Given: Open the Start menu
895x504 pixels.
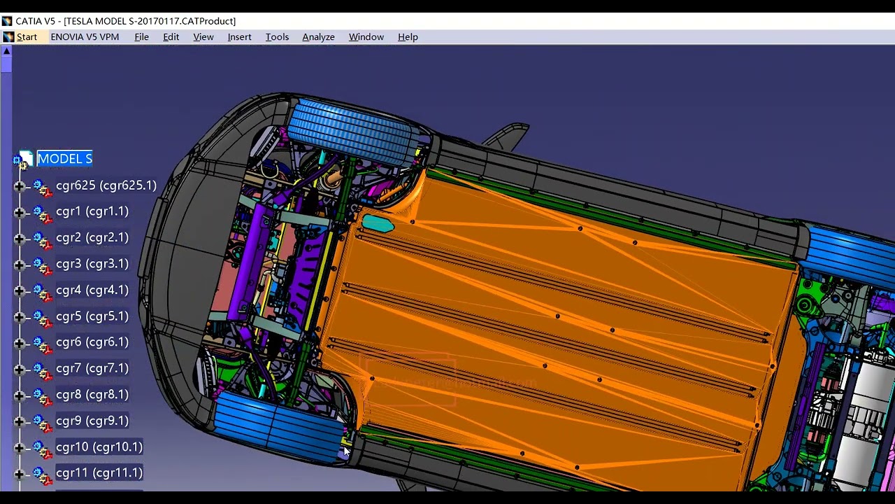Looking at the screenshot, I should click(26, 37).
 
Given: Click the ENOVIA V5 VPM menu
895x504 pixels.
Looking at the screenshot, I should click(85, 37).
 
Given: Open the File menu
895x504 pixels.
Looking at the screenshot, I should click(141, 37).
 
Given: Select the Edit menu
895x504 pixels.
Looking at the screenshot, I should click(171, 37).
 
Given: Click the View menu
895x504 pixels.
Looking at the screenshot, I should click(203, 37).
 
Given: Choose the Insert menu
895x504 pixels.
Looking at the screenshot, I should click(239, 37).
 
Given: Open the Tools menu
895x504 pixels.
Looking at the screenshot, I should click(277, 37).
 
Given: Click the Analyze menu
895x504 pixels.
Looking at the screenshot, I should click(318, 37).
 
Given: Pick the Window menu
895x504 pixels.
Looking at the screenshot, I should click(366, 37).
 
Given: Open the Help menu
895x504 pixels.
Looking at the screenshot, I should click(408, 37).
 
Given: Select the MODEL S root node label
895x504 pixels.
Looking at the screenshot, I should click(64, 159).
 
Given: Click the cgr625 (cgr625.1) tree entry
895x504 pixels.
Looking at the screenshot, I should click(106, 185).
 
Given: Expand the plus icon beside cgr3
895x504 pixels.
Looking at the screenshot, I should click(20, 265).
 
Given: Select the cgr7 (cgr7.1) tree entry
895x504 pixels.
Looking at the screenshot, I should click(92, 368).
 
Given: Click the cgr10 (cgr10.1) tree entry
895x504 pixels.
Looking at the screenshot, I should click(99, 447).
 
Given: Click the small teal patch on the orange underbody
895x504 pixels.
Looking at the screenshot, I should click(378, 224).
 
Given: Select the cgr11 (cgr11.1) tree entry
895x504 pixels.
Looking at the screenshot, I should click(99, 473).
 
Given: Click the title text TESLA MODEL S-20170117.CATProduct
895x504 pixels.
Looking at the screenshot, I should click(150, 21).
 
